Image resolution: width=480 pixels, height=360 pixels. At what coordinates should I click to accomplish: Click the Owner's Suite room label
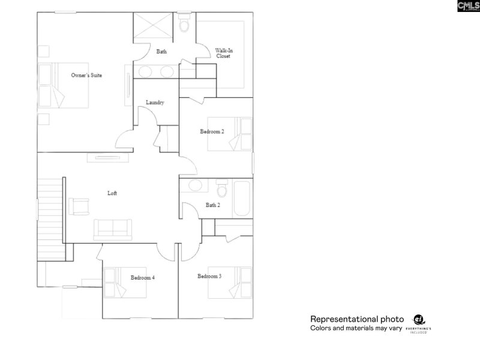point(86,76)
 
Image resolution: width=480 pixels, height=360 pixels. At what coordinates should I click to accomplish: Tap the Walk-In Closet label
point(224,53)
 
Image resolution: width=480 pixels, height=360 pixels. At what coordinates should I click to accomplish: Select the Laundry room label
point(155,103)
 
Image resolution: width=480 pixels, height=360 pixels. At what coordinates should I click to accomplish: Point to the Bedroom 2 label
point(212,131)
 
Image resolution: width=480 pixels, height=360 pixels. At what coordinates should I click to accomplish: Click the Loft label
point(112,193)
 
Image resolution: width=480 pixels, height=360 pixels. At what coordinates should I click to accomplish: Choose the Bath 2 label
point(213,205)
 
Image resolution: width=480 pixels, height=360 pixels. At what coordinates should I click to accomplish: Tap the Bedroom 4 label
point(143,278)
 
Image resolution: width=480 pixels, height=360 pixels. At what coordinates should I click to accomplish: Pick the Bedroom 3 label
point(209,276)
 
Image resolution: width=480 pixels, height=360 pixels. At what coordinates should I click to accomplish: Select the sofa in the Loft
point(112,229)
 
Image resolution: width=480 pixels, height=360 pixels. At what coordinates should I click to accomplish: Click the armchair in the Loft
point(79,206)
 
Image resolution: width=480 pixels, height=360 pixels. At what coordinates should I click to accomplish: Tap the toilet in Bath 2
point(221,190)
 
